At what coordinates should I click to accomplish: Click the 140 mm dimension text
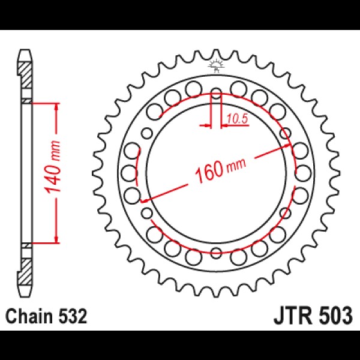53,174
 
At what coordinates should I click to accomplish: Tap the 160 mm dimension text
217,171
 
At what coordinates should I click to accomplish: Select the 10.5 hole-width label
237,118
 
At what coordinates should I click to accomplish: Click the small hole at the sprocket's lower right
284,212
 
